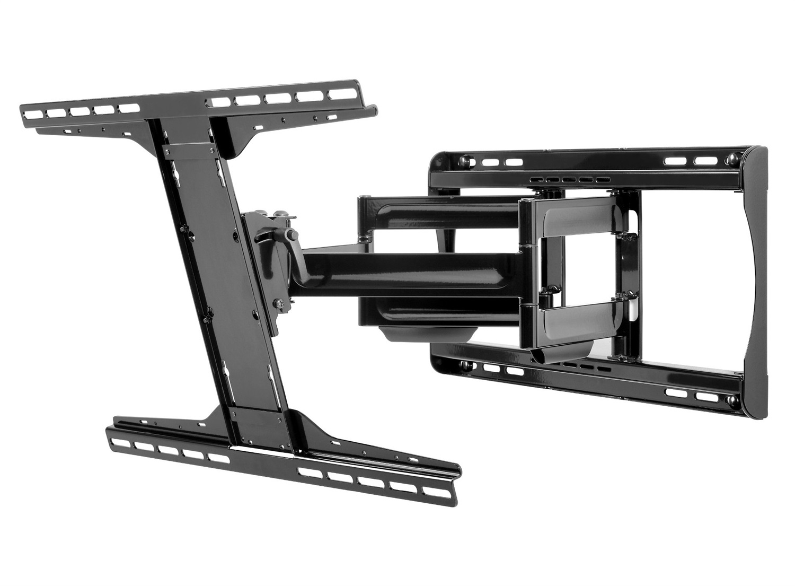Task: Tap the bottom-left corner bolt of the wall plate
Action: click(467, 365)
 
